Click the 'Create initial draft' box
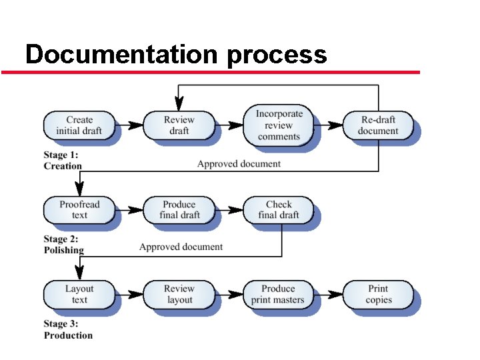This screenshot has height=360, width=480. [79, 125]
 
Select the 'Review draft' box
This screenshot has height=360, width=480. [179, 125]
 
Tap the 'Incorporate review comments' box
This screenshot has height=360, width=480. [279, 125]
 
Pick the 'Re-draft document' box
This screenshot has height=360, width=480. [378, 125]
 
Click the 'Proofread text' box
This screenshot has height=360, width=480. [79, 209]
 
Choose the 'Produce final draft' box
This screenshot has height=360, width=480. [179, 209]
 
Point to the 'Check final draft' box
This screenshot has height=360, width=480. [279, 209]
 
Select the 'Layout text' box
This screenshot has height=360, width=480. [79, 294]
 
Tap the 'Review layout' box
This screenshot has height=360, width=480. [179, 294]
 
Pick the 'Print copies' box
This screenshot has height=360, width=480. [378, 294]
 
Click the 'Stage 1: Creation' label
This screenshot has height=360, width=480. [63, 161]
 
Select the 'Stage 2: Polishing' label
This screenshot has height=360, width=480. [64, 245]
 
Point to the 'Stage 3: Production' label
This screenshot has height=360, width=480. [68, 329]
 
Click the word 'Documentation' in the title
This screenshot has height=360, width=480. [121, 54]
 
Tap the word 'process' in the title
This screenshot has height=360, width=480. [277, 54]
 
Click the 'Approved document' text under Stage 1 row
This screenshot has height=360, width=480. [239, 163]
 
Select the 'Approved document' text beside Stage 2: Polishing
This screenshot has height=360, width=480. [181, 247]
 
